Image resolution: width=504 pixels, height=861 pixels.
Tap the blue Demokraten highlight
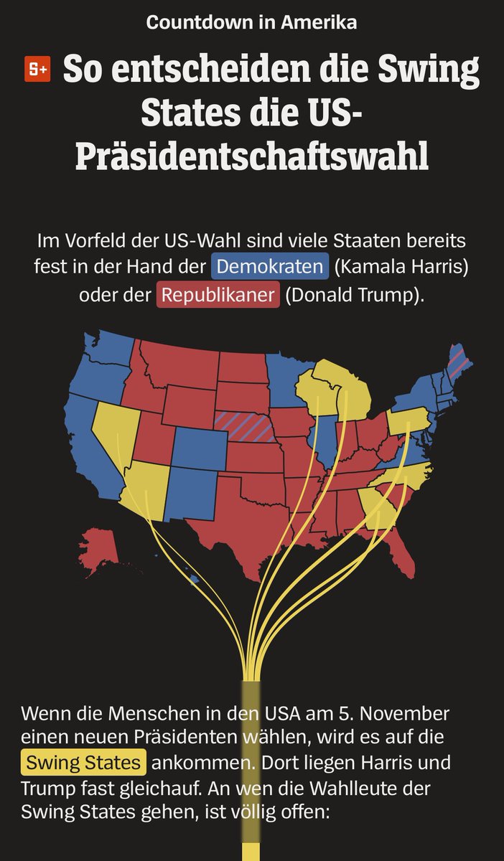[x=270, y=267]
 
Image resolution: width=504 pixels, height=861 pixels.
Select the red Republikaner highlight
[x=218, y=295]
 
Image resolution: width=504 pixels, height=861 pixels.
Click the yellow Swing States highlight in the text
[x=83, y=761]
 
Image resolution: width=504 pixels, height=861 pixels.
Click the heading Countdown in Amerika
[x=251, y=22]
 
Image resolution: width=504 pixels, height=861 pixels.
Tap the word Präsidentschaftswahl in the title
[x=251, y=156]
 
